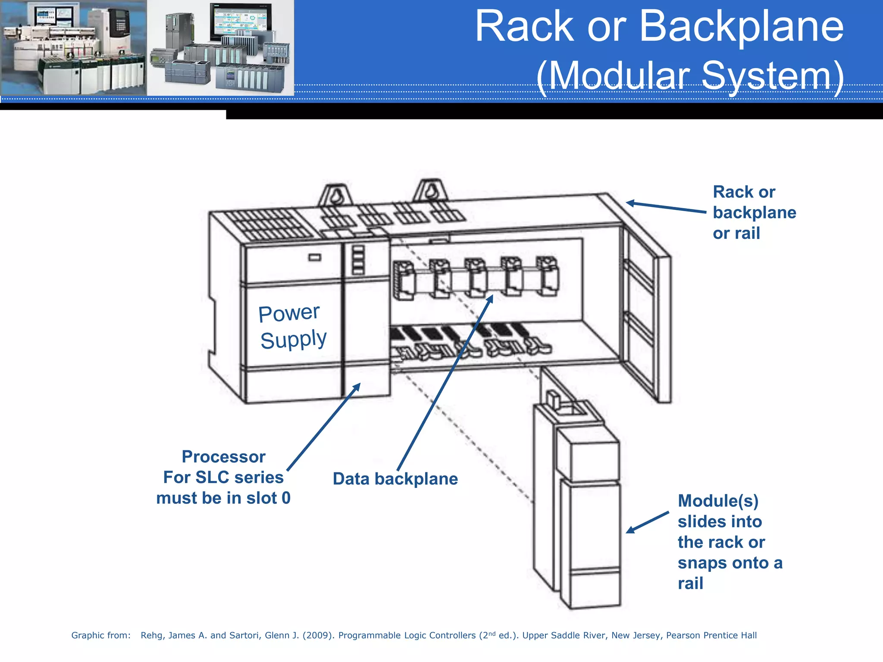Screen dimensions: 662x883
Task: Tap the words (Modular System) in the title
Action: (x=690, y=76)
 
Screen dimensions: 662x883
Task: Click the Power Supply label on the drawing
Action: (x=292, y=326)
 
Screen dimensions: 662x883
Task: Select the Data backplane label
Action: (x=395, y=479)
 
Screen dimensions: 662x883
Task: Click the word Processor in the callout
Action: (x=223, y=457)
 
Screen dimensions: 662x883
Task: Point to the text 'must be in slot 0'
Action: (x=223, y=498)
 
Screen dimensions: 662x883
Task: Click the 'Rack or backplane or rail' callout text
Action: (x=754, y=212)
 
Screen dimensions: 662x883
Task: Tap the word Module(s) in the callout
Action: (x=718, y=501)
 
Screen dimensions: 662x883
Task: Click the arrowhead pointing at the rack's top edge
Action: (x=630, y=203)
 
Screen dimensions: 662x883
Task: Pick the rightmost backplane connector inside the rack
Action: (x=547, y=276)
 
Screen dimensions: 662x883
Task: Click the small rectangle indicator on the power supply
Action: (x=315, y=257)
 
